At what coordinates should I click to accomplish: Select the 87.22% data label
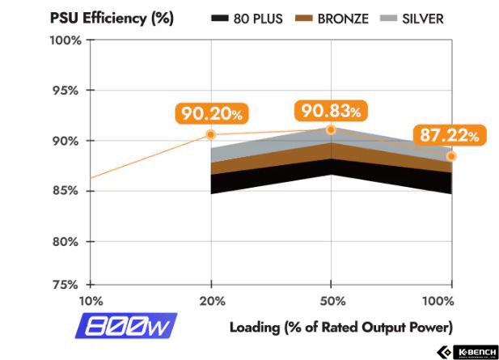[448, 135]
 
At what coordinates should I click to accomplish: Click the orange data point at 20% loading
[211, 134]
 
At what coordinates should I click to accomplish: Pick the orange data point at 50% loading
[331, 129]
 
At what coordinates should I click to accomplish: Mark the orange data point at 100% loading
[451, 156]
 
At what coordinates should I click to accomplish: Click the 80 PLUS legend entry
[246, 18]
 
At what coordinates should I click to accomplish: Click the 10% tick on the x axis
[91, 301]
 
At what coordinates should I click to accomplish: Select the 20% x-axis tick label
[211, 301]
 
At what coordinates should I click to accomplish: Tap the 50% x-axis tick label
[331, 301]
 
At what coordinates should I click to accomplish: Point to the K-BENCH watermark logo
[469, 352]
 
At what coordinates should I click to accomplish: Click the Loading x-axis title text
[340, 327]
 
